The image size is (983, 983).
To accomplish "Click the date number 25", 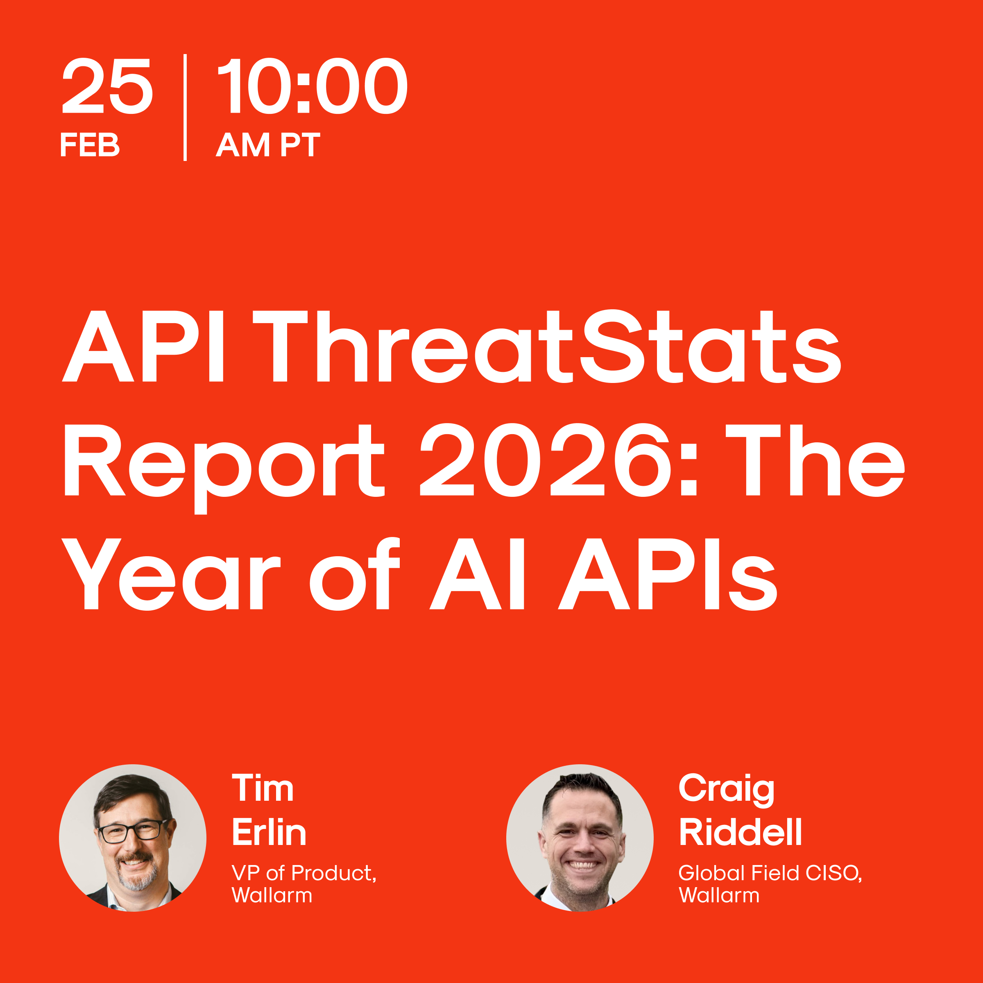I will point(107,86).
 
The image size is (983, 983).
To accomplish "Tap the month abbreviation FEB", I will point(90,145).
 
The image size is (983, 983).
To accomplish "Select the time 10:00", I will point(312,86).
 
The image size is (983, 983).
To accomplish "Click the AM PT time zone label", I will point(268,145).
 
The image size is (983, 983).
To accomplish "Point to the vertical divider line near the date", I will point(185,107).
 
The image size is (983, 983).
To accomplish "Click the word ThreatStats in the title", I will point(546,347).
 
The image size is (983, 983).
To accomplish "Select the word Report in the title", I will point(224,460).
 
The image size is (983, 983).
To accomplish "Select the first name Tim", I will point(263,788).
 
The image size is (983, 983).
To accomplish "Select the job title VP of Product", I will point(304,873).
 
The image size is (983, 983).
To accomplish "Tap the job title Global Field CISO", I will point(770,873).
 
